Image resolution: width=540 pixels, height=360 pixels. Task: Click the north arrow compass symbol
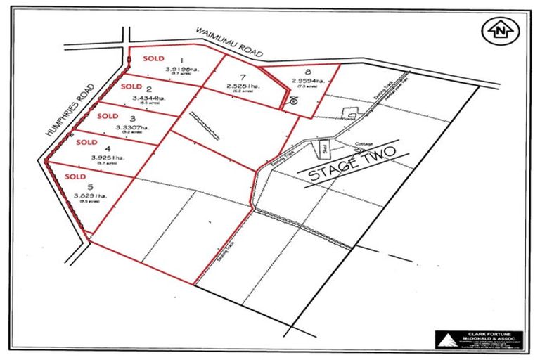(x=498, y=30)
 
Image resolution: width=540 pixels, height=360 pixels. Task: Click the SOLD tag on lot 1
(x=153, y=58)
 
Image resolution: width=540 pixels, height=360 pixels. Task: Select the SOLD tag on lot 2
(x=131, y=86)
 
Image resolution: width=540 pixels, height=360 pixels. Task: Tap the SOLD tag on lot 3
(x=108, y=115)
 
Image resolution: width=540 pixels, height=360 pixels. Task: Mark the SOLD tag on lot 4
(x=86, y=142)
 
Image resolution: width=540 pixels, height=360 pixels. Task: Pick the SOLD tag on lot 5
(x=75, y=176)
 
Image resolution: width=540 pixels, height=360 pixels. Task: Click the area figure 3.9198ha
(x=181, y=70)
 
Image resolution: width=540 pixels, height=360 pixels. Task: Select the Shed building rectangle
(x=324, y=148)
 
